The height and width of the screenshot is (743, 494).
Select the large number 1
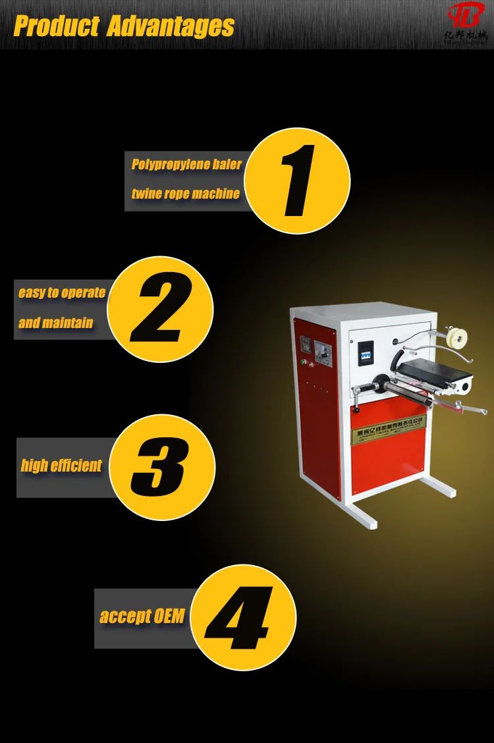(298, 180)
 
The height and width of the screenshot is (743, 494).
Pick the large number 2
(161, 310)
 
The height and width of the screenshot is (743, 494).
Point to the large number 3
(161, 466)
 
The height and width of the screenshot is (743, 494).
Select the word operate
(84, 293)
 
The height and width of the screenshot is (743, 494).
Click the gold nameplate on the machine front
(389, 428)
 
